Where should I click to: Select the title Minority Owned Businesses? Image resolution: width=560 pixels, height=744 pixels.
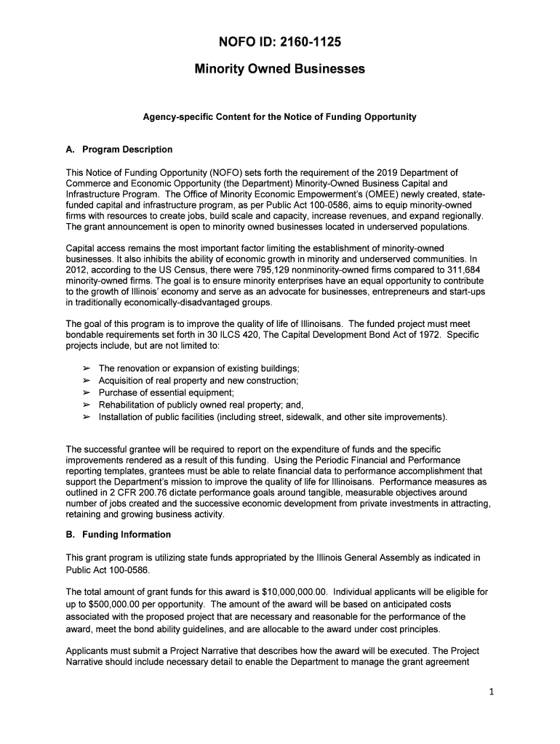pos(280,70)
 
